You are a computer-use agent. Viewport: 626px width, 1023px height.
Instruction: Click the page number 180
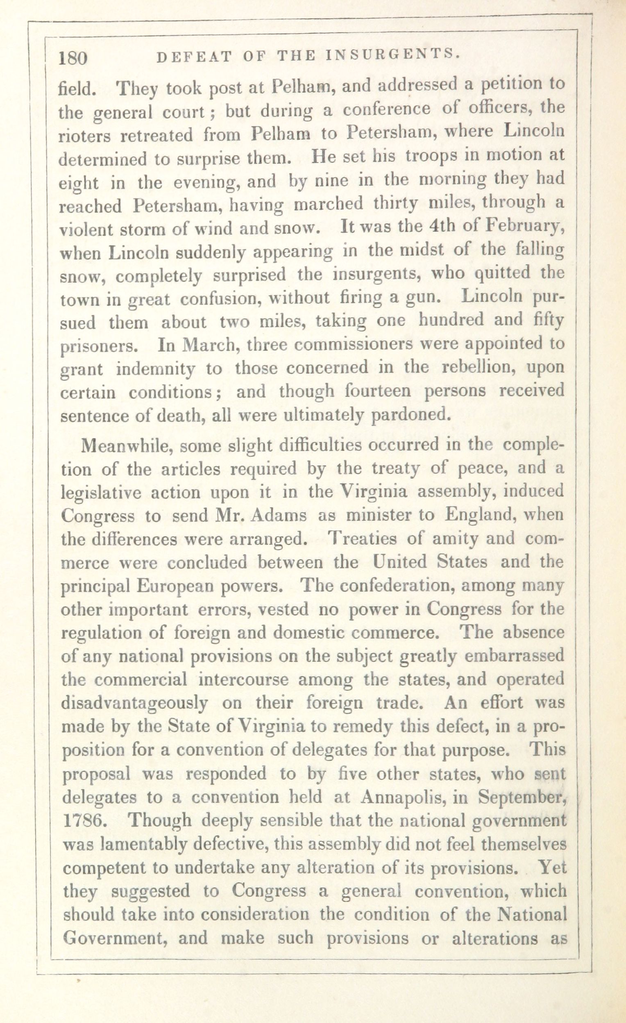click(73, 58)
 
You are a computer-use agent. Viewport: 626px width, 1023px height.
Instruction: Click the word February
click(524, 227)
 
